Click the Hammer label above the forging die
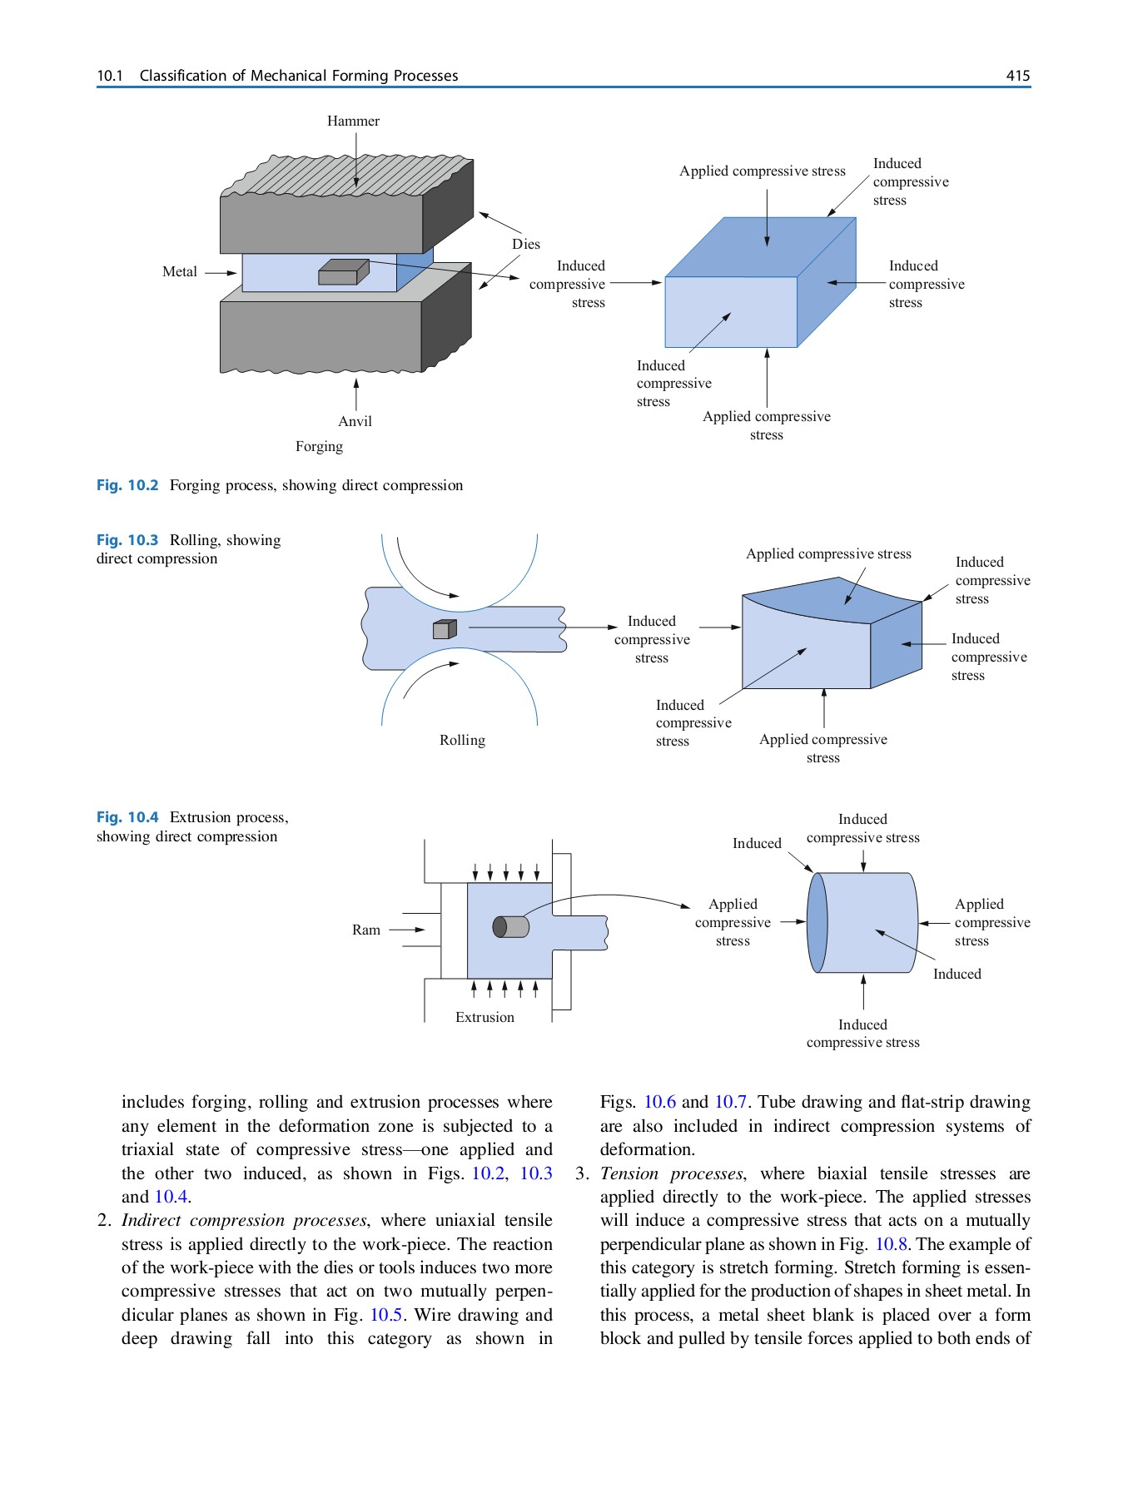(353, 121)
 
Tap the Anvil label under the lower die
(355, 421)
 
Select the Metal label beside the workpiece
(179, 271)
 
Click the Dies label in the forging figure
(525, 244)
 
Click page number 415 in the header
(1017, 76)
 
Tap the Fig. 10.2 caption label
(127, 485)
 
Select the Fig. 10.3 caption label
(127, 540)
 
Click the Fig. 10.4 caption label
(127, 817)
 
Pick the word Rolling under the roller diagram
(462, 740)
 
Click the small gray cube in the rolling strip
(445, 630)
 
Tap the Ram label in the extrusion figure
(365, 930)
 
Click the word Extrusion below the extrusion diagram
(484, 1017)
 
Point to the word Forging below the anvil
(319, 446)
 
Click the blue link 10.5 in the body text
(386, 1315)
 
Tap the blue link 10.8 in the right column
(891, 1244)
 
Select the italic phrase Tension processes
(671, 1173)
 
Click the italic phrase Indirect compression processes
(243, 1220)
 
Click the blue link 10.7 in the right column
(730, 1102)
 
